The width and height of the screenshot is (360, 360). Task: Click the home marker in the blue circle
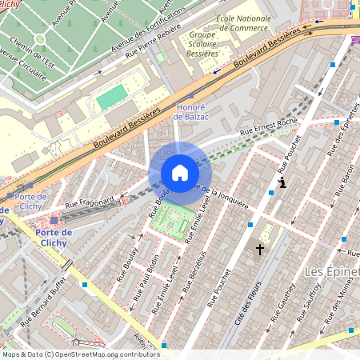[180, 173]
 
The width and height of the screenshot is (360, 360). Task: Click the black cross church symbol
[259, 250]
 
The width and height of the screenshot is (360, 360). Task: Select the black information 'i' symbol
[281, 183]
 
